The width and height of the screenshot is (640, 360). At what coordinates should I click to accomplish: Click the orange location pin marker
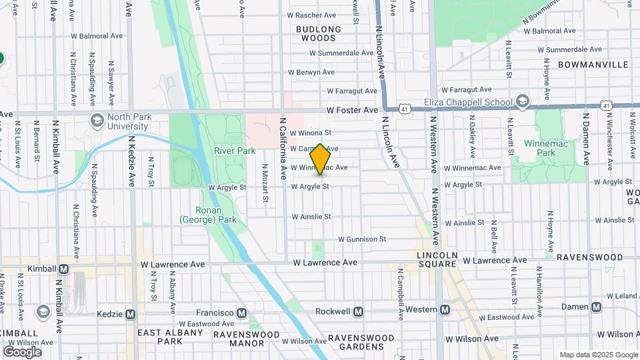tap(321, 159)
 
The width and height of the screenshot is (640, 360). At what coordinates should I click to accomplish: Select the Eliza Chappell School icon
tap(523, 102)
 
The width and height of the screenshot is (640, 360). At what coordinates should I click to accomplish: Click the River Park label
tap(235, 151)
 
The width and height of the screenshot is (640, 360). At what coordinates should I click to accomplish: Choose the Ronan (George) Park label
tap(208, 214)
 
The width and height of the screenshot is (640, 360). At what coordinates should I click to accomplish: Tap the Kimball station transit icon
tap(64, 269)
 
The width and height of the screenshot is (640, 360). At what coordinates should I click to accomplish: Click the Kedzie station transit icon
tap(130, 314)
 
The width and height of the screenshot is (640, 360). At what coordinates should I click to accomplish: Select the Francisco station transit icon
tap(241, 313)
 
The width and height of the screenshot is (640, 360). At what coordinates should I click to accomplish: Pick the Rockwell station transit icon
tap(359, 311)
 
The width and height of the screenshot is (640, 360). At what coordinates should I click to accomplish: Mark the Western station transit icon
tap(445, 309)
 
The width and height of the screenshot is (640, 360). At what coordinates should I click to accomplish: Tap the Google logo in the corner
tap(22, 351)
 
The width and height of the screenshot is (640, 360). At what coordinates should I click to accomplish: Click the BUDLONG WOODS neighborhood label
tap(318, 34)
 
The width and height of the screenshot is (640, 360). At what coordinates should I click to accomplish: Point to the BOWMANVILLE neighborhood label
tap(593, 65)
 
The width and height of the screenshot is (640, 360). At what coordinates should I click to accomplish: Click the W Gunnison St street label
tap(362, 239)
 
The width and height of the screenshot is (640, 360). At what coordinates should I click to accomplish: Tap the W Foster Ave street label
tap(353, 110)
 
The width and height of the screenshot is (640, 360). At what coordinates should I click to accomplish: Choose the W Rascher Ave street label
tap(314, 15)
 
